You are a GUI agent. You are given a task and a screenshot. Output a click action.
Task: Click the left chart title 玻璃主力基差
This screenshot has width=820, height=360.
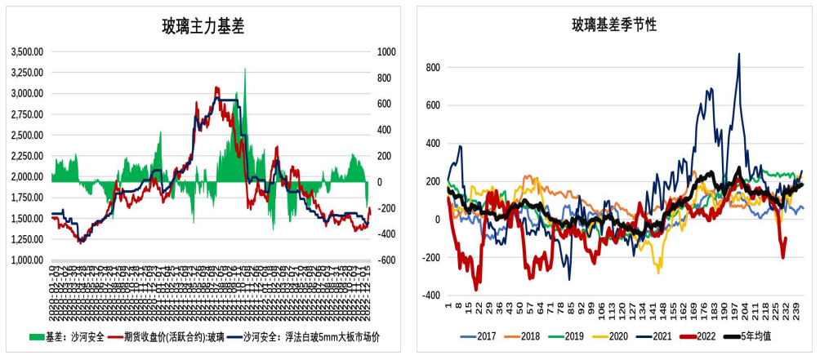pyautogui.click(x=203, y=26)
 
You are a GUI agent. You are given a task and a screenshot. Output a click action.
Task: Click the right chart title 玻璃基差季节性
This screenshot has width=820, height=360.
pyautogui.click(x=614, y=24)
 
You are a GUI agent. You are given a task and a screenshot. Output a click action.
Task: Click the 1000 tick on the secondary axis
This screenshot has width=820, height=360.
pyautogui.click(x=385, y=51)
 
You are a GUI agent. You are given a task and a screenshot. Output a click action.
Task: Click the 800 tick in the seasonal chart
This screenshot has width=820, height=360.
pyautogui.click(x=433, y=67)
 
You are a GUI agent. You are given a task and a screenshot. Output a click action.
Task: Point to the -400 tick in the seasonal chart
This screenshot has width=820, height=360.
pyautogui.click(x=431, y=296)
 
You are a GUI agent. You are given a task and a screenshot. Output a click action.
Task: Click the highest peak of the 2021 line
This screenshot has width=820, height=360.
pyautogui.click(x=739, y=55)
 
